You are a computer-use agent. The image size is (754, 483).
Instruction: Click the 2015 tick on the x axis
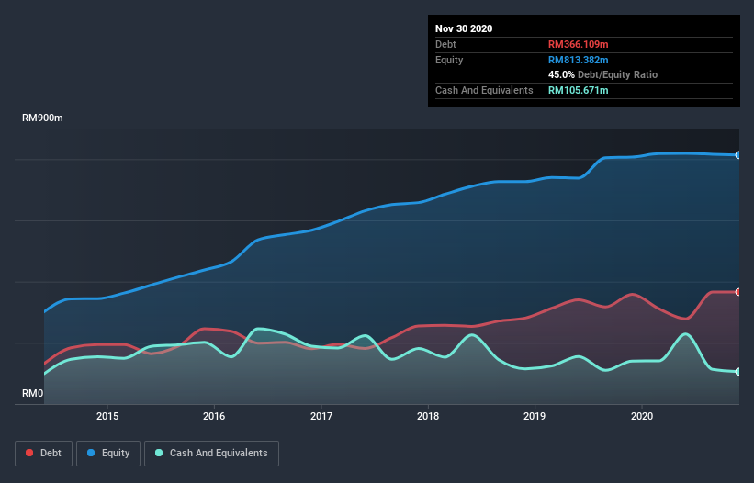point(107,415)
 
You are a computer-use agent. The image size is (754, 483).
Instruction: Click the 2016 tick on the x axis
point(214,415)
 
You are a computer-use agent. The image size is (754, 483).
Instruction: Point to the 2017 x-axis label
point(321,415)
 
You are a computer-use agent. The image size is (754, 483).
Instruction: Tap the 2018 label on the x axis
point(428,415)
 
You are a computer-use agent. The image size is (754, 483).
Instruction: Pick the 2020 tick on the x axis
point(642,415)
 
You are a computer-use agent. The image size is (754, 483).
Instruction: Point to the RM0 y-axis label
point(33,393)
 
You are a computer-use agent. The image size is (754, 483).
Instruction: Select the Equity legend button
point(108,453)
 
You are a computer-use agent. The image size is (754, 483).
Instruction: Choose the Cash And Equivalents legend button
point(211,453)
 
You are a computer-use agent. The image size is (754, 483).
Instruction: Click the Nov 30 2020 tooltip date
point(464,28)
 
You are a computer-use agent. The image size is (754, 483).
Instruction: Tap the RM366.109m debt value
point(578,44)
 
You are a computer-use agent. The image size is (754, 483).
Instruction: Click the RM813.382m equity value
point(578,60)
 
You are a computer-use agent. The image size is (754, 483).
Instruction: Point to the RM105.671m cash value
point(578,90)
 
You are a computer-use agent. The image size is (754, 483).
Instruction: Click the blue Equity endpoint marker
point(738,155)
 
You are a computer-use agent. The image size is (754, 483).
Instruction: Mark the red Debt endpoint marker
point(738,292)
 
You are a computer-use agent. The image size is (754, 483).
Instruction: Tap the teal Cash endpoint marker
point(738,372)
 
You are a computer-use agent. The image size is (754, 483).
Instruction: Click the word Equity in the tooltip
point(450,60)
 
